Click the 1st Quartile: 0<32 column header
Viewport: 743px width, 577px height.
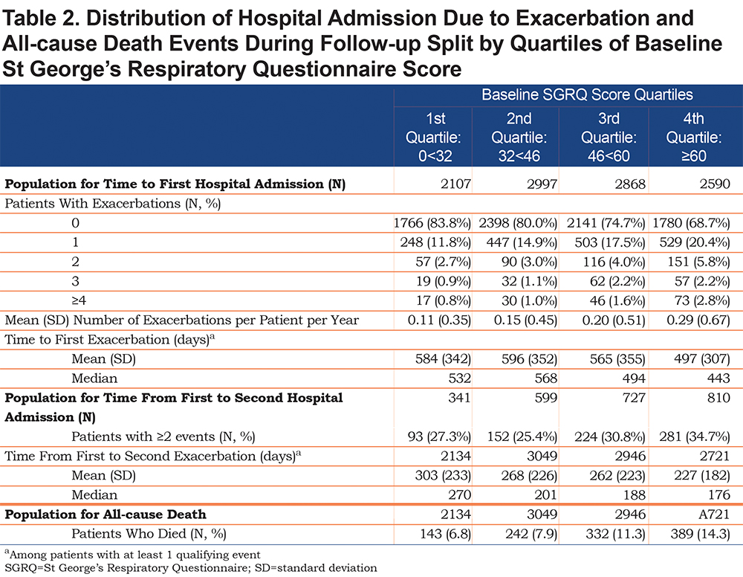tap(434, 137)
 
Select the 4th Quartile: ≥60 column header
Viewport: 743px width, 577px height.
tap(694, 137)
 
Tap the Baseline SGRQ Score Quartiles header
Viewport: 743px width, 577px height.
tap(587, 95)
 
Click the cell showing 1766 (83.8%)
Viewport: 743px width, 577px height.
tap(432, 223)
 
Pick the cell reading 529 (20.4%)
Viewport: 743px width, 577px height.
tap(695, 242)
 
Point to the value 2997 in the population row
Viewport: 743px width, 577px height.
tap(542, 184)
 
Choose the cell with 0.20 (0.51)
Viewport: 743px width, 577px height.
tap(614, 320)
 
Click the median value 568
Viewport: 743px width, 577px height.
tap(546, 378)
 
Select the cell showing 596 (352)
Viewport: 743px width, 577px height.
tap(529, 359)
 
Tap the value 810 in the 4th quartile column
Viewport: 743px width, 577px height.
tap(718, 398)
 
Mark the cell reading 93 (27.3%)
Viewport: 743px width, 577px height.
tap(439, 436)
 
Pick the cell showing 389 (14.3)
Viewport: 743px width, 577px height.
tap(701, 534)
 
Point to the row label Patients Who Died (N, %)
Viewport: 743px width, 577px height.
tap(149, 534)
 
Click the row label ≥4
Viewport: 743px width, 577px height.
tap(79, 300)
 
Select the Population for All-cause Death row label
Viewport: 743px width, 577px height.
tap(106, 515)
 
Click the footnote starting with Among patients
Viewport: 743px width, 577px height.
tap(133, 554)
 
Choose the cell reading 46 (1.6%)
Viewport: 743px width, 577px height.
tap(617, 300)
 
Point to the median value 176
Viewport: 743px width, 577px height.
tap(718, 495)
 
